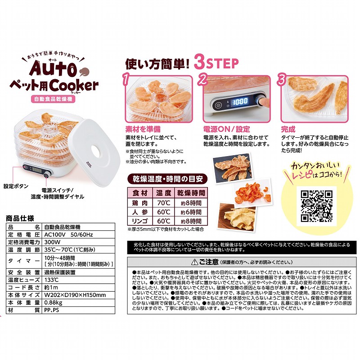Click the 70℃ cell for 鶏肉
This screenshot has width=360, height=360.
tap(163, 202)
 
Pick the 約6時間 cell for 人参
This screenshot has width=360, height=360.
tap(191, 212)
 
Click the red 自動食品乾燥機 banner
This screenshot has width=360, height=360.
tap(54, 99)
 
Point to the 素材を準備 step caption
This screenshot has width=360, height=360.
tap(142, 129)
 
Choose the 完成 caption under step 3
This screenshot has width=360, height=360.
tap(288, 129)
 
